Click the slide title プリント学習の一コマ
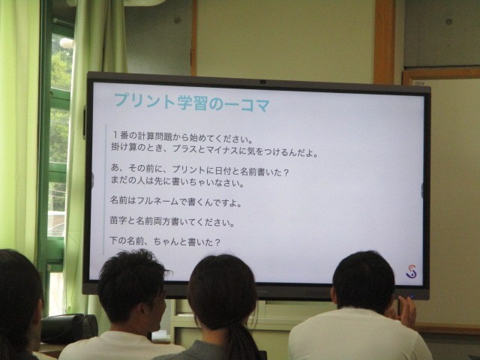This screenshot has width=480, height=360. [192, 102]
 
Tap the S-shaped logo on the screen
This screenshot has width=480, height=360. [412, 271]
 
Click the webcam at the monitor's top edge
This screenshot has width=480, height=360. [262, 82]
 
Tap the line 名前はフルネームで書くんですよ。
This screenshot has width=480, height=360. [176, 202]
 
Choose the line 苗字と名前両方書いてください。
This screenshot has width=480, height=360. [172, 222]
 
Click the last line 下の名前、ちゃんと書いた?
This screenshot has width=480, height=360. [165, 241]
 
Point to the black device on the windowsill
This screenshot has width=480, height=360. [70, 328]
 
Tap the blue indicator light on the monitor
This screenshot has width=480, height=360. [412, 297]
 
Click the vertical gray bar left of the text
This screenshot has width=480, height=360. [105, 188]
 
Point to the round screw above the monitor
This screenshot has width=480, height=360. [178, 20]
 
